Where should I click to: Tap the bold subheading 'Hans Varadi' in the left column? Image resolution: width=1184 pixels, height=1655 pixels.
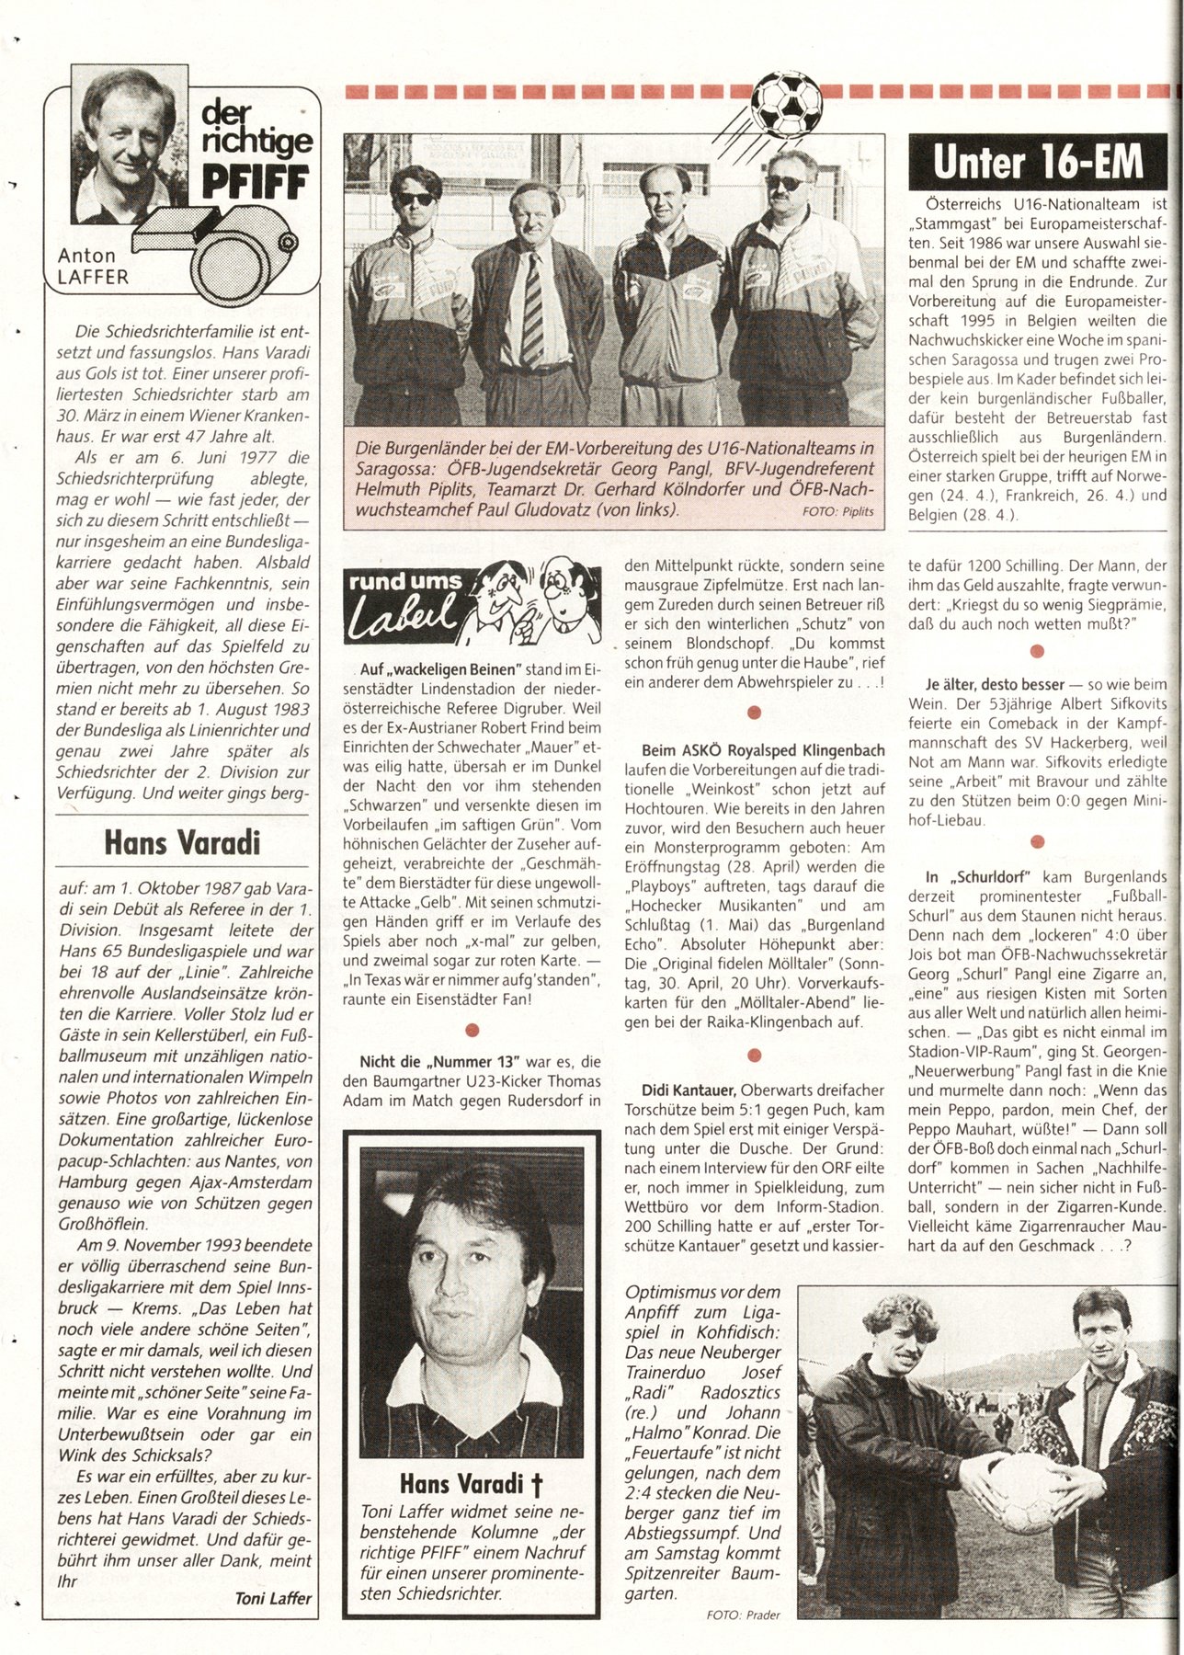tap(181, 842)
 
